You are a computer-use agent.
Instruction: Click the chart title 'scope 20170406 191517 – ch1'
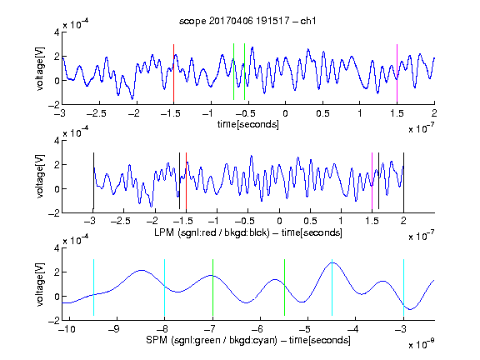[x=247, y=21]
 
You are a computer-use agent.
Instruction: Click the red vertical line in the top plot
[x=173, y=73]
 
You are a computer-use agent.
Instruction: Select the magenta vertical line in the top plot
[x=397, y=73]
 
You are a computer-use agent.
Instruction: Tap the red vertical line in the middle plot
[x=186, y=181]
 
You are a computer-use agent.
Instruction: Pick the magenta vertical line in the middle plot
[x=372, y=181]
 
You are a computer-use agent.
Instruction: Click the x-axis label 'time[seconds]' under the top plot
[x=248, y=124]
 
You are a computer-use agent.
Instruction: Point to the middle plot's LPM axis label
[x=248, y=232]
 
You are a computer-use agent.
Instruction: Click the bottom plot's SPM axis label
[x=248, y=340]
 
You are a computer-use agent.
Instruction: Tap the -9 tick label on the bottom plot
[x=114, y=329]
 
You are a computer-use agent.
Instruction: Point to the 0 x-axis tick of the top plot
[x=285, y=113]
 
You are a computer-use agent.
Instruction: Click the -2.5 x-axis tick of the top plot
[x=96, y=113]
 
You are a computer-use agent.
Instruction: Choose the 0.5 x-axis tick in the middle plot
[x=310, y=221]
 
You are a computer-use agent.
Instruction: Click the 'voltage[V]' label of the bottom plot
[x=40, y=284]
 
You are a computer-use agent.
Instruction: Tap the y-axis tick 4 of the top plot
[x=57, y=32]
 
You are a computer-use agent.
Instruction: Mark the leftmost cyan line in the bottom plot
[x=93, y=287]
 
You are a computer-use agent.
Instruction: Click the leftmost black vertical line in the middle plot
[x=93, y=181]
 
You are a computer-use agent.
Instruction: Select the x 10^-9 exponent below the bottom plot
[x=422, y=343]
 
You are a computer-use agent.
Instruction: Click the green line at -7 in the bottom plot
[x=212, y=287]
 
